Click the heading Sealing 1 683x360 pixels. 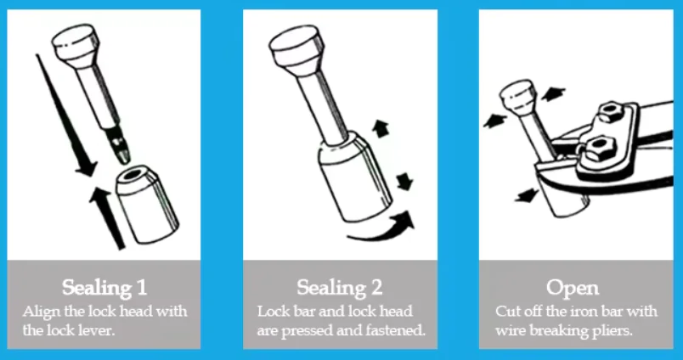pyautogui.click(x=104, y=287)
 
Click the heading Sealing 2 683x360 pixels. pyautogui.click(x=339, y=287)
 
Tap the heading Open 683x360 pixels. pyautogui.click(x=573, y=287)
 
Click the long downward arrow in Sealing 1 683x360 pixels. pyautogui.click(x=65, y=115)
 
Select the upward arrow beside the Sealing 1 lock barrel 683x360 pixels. pyautogui.click(x=108, y=218)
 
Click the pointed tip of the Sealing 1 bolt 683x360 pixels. pyautogui.click(x=125, y=160)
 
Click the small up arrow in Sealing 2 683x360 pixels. pyautogui.click(x=381, y=129)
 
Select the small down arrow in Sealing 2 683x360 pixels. pyautogui.click(x=404, y=181)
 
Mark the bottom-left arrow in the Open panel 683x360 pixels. pyautogui.click(x=528, y=195)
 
